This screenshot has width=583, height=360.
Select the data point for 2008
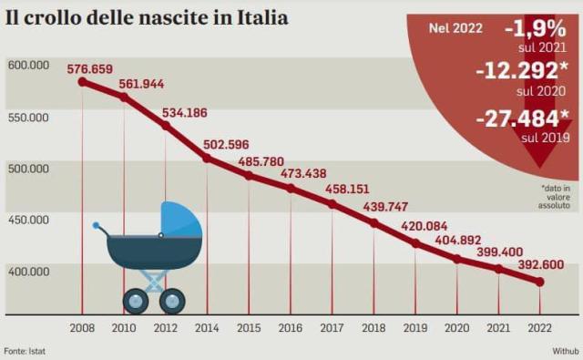pos(82,82)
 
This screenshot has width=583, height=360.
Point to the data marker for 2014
pos(207,158)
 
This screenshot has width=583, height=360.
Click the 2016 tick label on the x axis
pos(291,327)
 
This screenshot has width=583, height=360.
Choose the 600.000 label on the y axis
pos(29,66)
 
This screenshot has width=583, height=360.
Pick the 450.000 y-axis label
pos(29,220)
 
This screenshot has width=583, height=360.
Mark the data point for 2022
pos(540,283)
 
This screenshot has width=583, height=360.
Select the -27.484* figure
pos(523,118)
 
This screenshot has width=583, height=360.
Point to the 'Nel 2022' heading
pos(455,28)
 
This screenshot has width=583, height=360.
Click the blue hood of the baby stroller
pos(181,220)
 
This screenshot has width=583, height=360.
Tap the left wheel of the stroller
pos(136,300)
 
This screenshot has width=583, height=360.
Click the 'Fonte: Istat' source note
pos(26,351)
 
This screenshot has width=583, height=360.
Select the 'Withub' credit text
pos(565,351)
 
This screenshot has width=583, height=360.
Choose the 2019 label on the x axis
pos(415,327)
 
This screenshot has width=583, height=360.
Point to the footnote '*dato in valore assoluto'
pos(555,196)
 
